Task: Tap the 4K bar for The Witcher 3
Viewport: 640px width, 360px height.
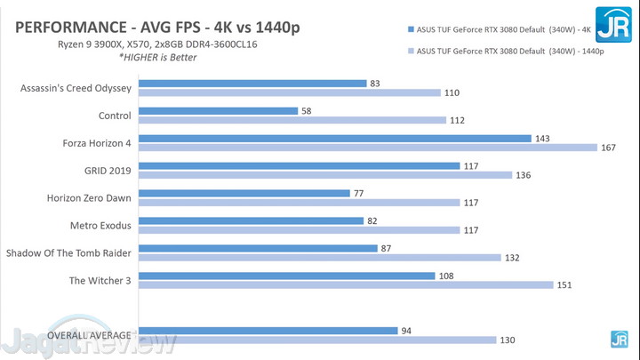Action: pos(289,276)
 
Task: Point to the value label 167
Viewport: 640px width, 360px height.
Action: pos(609,148)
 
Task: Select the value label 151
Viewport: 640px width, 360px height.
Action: pos(564,285)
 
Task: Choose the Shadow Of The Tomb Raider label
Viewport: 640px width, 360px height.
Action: pos(68,253)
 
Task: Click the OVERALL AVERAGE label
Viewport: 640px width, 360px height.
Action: pos(90,335)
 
